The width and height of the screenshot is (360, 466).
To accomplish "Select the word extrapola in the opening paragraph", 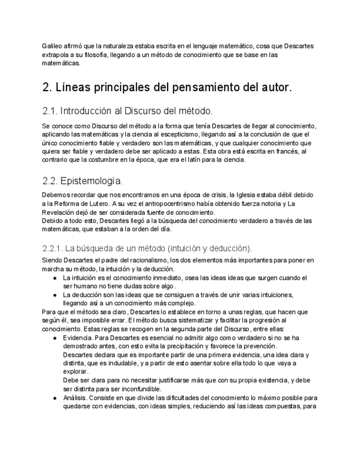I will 56,54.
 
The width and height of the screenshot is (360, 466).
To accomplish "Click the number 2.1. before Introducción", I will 50,110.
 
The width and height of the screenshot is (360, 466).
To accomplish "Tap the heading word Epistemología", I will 91,180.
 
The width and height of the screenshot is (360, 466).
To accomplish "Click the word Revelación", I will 60,213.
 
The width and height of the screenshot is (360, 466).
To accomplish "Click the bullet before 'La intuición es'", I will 55,278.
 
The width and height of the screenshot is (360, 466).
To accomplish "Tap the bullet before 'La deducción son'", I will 55,295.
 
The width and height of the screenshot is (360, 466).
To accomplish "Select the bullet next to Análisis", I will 55,398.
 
